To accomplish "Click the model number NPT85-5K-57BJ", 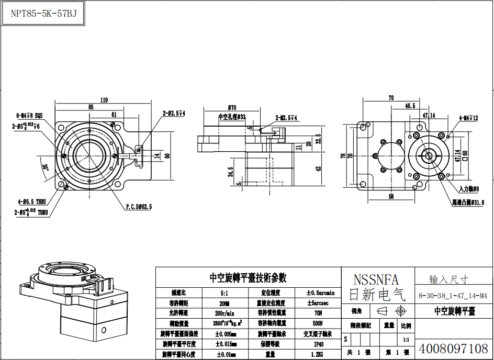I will pyautogui.click(x=44, y=14).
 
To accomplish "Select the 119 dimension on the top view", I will pyautogui.click(x=104, y=100).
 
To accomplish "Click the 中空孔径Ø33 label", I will pyautogui.click(x=231, y=117).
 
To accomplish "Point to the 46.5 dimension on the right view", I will pyautogui.click(x=410, y=106).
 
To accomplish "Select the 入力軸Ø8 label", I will pyautogui.click(x=469, y=188).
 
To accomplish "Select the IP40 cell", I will pyautogui.click(x=319, y=344).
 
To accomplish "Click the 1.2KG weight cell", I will pyautogui.click(x=319, y=354).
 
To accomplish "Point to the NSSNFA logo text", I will pyautogui.click(x=376, y=279).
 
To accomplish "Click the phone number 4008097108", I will pyautogui.click(x=454, y=348).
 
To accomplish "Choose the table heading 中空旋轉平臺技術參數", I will pyautogui.click(x=248, y=278).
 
